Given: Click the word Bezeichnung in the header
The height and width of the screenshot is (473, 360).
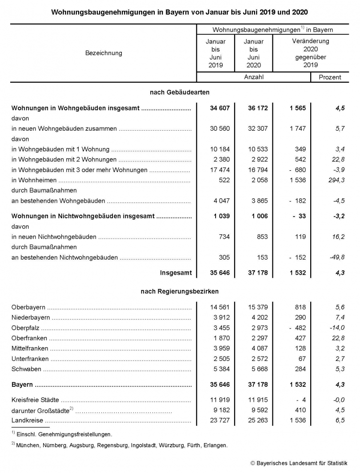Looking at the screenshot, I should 103,53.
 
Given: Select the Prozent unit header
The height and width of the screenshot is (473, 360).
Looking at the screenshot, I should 330,77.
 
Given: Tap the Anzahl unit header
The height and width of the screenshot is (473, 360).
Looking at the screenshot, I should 253,77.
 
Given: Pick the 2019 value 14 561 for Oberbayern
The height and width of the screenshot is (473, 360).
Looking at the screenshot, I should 220,307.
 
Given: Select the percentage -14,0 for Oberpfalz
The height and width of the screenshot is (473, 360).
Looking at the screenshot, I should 336,328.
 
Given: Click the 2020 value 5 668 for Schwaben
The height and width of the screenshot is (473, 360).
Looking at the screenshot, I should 258,369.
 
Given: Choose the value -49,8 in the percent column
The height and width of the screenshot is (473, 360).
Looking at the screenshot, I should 336,257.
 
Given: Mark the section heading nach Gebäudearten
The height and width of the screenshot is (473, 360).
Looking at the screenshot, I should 179,92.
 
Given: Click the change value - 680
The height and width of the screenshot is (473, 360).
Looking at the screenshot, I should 296,170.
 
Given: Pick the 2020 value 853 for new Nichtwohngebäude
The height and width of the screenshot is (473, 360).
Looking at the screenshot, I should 261,237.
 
